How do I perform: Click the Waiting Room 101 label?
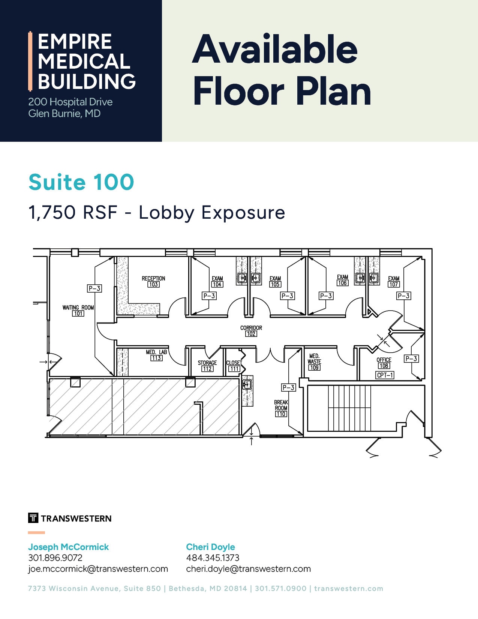pyautogui.click(x=78, y=310)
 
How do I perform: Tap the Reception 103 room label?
pyautogui.click(x=153, y=281)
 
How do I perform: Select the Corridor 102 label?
pyautogui.click(x=251, y=331)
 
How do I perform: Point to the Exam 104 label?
pyautogui.click(x=217, y=281)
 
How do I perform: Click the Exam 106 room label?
pyautogui.click(x=342, y=280)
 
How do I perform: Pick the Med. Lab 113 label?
pyautogui.click(x=156, y=355)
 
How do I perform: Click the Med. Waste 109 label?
pyautogui.click(x=314, y=362)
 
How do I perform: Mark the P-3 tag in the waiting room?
pyautogui.click(x=94, y=288)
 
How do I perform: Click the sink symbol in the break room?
pyautogui.click(x=247, y=384)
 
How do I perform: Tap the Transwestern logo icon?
pyautogui.click(x=33, y=518)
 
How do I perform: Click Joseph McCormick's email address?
pyautogui.click(x=98, y=569)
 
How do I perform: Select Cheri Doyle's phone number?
pyautogui.click(x=213, y=558)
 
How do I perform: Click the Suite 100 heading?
pyautogui.click(x=81, y=182)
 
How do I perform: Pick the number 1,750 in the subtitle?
pyautogui.click(x=52, y=213)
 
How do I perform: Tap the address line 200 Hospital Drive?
pyautogui.click(x=70, y=102)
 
